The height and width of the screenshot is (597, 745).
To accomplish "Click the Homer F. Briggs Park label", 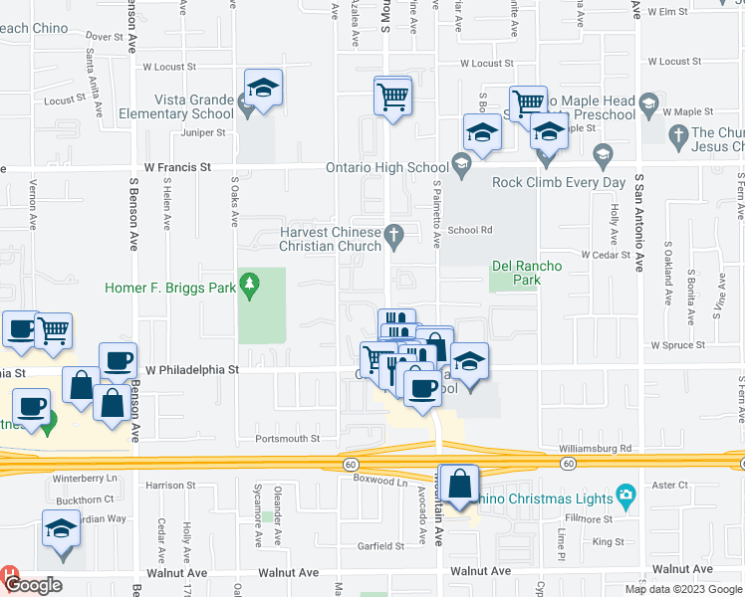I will click(x=170, y=289).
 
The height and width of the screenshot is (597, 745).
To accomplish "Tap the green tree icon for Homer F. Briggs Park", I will click(x=248, y=288).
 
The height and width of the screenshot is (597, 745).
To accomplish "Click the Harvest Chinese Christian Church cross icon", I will click(x=394, y=234).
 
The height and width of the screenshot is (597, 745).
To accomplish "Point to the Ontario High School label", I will click(x=386, y=167).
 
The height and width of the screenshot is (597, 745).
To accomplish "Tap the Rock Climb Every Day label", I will click(x=559, y=182).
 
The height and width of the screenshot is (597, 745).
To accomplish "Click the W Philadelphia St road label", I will click(x=193, y=369).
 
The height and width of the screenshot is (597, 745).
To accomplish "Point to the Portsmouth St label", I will click(x=287, y=438).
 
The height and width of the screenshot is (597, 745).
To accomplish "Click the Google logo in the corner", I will click(x=33, y=585).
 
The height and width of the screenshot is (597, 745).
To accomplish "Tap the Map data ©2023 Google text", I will click(x=682, y=588).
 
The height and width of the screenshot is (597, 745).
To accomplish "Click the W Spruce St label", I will click(x=677, y=345).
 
